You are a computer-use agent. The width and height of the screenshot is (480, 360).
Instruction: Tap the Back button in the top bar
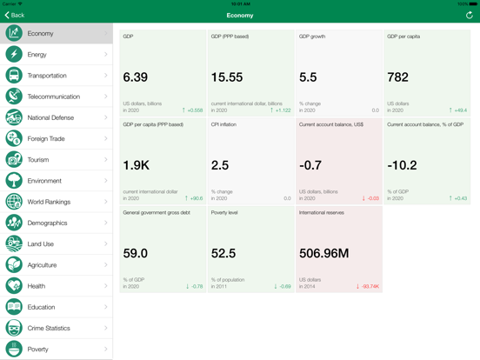[15, 15]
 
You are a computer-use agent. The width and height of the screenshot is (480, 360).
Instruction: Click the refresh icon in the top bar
[469, 15]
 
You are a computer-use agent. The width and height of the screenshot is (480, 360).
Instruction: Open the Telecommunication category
[53, 97]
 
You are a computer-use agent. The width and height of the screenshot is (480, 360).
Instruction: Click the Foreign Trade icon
[14, 138]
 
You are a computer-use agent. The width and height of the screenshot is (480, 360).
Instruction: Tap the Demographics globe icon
[14, 223]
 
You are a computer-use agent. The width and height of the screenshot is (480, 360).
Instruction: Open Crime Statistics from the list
[52, 328]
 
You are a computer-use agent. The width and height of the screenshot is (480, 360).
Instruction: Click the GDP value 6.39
[136, 77]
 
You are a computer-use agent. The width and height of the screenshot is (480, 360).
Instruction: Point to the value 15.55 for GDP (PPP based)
[227, 77]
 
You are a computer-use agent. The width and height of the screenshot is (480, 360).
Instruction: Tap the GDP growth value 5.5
[309, 77]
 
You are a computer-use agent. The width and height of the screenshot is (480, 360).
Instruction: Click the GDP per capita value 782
[398, 77]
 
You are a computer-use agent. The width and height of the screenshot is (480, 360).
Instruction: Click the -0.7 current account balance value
[310, 165]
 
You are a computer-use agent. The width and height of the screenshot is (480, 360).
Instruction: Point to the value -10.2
[402, 165]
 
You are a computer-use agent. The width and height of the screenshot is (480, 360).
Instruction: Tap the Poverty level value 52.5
[224, 253]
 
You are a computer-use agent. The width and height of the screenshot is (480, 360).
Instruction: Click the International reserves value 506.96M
[325, 253]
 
